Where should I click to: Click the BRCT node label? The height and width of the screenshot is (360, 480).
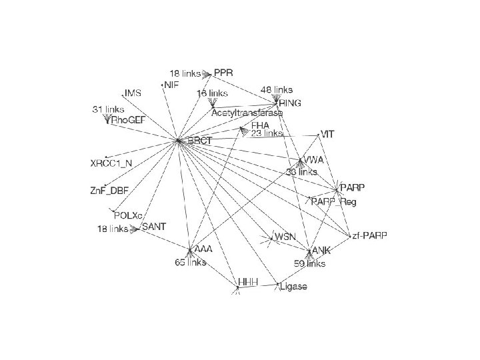coord(199,141)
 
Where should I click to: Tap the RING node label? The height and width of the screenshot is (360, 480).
coord(290,103)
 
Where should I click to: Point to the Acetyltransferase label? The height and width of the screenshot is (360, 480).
coord(247,113)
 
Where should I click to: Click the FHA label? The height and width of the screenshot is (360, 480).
coord(260,125)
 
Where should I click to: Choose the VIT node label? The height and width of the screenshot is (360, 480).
coord(327,134)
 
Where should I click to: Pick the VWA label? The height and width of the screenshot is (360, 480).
coord(313,160)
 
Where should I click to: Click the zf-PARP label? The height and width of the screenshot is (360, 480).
coord(370,235)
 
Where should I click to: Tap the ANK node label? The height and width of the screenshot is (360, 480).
coord(322,251)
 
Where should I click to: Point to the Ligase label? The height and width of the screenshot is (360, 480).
coord(294,287)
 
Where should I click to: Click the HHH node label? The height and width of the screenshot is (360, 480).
coord(248,282)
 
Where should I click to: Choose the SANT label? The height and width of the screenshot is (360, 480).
coord(153,227)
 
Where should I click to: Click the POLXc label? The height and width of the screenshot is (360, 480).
coord(129,215)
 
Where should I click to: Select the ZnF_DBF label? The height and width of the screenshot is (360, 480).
coord(109,190)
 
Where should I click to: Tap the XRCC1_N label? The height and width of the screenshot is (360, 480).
coord(111,163)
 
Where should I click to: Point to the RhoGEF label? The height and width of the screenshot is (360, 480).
coord(128,120)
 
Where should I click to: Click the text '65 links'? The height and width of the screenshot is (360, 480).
coord(191,263)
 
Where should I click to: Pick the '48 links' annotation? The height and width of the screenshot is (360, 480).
coord(276,89)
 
